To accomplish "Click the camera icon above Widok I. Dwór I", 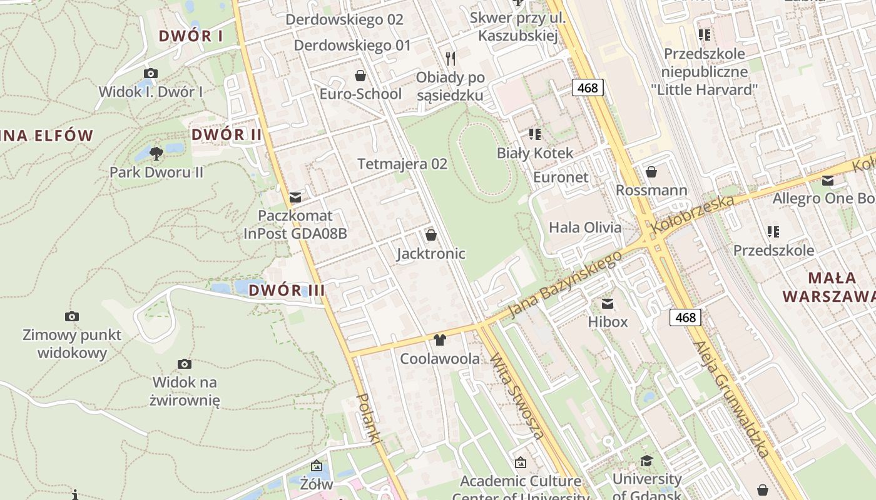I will (151, 74).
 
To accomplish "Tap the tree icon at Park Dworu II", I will (156, 152).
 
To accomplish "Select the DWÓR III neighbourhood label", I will (287, 290).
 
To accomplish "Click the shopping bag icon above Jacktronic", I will (431, 235).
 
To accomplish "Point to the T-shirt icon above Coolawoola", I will (440, 340).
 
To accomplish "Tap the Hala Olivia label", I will (585, 227).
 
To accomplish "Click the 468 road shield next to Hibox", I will (685, 317).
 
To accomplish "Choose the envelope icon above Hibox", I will (608, 304).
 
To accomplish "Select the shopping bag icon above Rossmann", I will (651, 171).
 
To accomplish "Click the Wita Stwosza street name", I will (516, 396).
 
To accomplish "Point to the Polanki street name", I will (369, 419).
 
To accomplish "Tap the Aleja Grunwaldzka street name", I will (731, 400).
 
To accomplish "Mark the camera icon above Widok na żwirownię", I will (185, 364).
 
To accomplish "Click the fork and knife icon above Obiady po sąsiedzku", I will (451, 59).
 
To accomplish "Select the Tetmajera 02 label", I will (402, 164).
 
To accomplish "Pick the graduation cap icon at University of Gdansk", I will (646, 461).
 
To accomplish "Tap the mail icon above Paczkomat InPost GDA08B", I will (295, 197).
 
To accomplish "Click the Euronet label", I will (561, 177).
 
